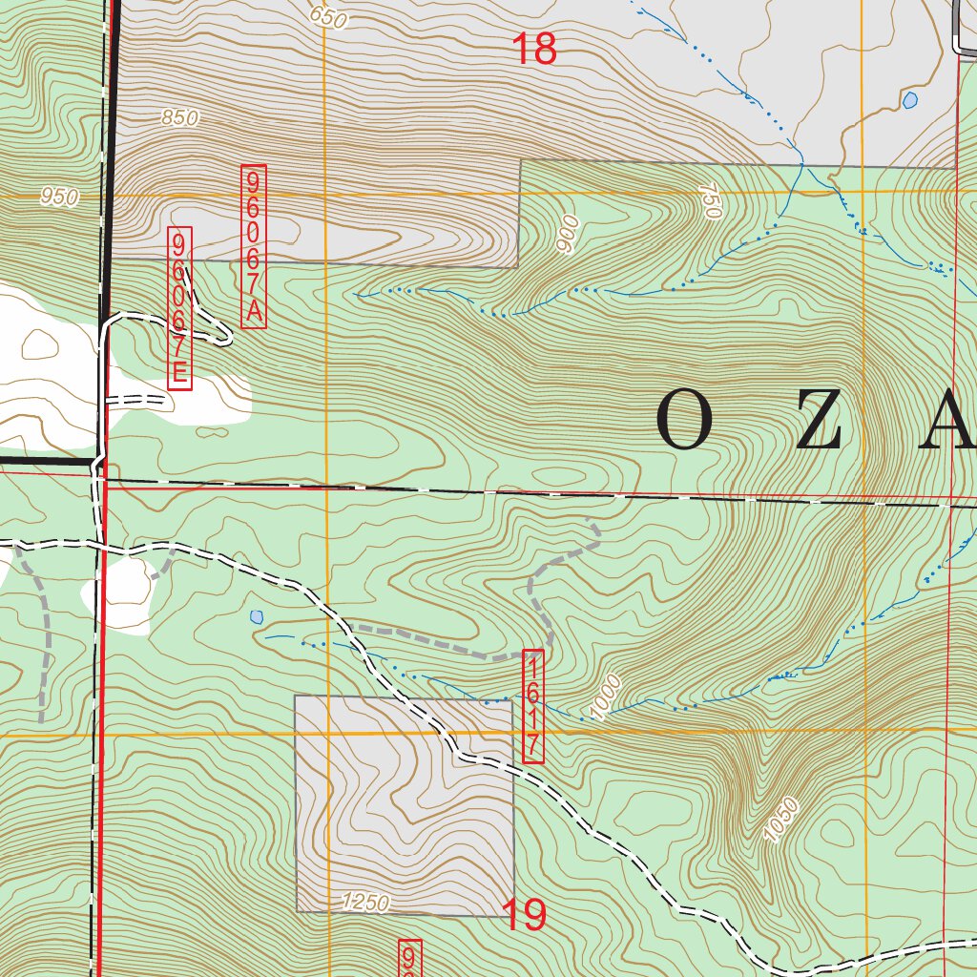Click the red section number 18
click(x=534, y=50)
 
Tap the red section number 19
click(x=524, y=915)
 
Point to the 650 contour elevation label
click(x=327, y=16)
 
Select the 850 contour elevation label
click(x=179, y=118)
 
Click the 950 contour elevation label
click(x=59, y=197)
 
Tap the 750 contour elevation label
click(x=709, y=203)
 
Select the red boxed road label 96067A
click(x=254, y=246)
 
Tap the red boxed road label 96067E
click(x=179, y=308)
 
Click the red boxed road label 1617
click(x=533, y=707)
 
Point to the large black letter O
click(x=684, y=423)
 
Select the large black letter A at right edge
click(x=948, y=423)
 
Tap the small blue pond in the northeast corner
click(x=909, y=100)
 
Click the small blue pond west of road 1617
click(x=256, y=617)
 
